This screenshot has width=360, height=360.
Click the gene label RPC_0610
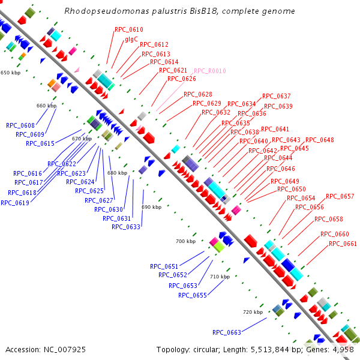click(x=129, y=29)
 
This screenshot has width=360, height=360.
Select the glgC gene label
click(x=131, y=39)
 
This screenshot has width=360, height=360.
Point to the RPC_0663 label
click(x=227, y=332)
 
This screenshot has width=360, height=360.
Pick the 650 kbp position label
click(x=10, y=73)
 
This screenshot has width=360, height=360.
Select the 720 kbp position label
click(x=253, y=312)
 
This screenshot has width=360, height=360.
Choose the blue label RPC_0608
click(x=20, y=125)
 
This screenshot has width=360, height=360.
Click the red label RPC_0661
click(x=343, y=244)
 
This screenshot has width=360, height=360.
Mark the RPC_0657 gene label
click(x=340, y=197)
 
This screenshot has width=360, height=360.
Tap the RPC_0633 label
click(x=126, y=227)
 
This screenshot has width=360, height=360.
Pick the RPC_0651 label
click(x=164, y=266)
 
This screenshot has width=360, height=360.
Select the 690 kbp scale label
click(x=152, y=207)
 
